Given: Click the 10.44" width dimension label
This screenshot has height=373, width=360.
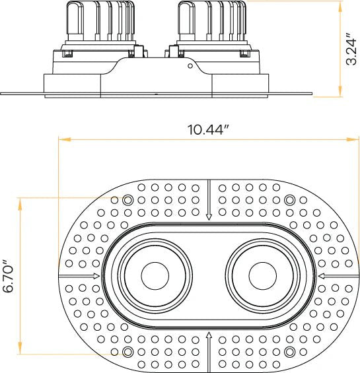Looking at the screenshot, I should [x=207, y=129].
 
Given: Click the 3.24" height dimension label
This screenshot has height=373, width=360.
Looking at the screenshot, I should [x=351, y=48].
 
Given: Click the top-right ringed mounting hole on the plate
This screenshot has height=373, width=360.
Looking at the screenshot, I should [x=289, y=199].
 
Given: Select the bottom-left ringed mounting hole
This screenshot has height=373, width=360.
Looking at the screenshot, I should [x=128, y=351].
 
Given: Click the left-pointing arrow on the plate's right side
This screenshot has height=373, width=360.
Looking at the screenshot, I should [x=321, y=275].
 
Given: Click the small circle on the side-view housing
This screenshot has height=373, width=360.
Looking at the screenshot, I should [x=190, y=65].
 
